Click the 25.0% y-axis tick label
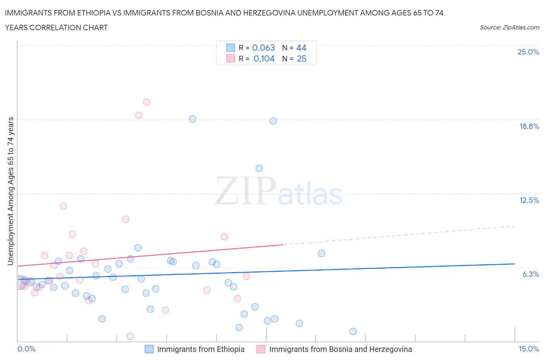(x=528, y=52)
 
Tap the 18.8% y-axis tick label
(x=529, y=126)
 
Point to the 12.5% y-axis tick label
(x=529, y=200)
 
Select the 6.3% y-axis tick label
(x=530, y=274)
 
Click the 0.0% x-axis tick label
(x=26, y=349)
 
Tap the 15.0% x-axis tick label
(x=529, y=349)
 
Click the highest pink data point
(x=146, y=102)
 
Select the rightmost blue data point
(x=353, y=331)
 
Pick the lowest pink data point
(x=130, y=336)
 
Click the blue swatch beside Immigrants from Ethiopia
(x=149, y=349)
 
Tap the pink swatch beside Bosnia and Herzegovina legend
(x=261, y=349)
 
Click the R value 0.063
(x=263, y=48)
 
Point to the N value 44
(x=301, y=48)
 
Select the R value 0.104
(x=264, y=58)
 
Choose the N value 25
(x=301, y=58)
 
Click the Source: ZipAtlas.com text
(x=509, y=27)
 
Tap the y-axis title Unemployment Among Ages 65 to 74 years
(x=11, y=191)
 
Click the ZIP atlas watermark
(x=279, y=191)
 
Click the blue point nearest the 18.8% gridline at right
(x=273, y=121)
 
